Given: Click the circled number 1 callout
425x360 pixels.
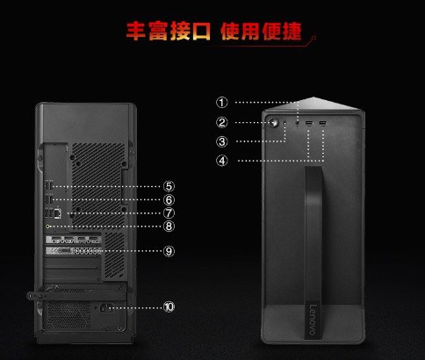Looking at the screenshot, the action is click(222, 103).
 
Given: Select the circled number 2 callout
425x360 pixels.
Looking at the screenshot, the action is click(222, 122).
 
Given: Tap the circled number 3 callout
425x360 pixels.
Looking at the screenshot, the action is click(222, 141).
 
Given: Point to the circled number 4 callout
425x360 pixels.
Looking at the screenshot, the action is click(222, 161).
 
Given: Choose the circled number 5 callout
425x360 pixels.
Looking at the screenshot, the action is click(169, 186).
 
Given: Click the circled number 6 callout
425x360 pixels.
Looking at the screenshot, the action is click(169, 200).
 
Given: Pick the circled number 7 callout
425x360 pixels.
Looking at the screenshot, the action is click(169, 213).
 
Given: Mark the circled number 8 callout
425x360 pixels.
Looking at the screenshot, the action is click(169, 226).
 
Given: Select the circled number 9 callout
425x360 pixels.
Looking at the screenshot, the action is click(169, 251).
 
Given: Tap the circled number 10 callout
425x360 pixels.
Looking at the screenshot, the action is click(169, 306).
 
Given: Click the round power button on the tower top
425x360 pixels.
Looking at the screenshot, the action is click(275, 123).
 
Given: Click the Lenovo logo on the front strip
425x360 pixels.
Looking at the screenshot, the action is click(313, 320).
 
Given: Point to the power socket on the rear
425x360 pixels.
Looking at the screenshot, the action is click(106, 308).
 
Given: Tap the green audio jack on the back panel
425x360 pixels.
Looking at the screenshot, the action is click(48, 227).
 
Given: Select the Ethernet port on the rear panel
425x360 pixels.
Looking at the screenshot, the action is click(58, 213).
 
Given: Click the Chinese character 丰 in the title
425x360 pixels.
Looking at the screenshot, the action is click(136, 31).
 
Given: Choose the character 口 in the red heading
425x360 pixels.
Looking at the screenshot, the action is click(201, 31).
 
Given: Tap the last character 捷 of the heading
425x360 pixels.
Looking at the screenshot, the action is click(292, 31).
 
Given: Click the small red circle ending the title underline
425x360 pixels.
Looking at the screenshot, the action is click(314, 38).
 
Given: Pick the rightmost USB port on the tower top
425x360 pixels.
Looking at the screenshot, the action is click(322, 123).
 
